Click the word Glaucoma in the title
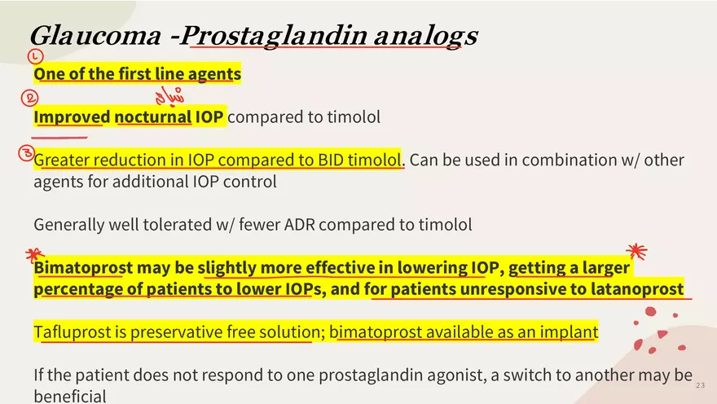click(95, 35)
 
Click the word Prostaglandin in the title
click(275, 36)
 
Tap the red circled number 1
click(35, 56)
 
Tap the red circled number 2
click(29, 98)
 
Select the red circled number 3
click(27, 153)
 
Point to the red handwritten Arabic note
click(169, 96)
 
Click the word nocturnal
click(152, 117)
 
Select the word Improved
click(72, 118)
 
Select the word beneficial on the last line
click(70, 396)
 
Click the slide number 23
click(701, 385)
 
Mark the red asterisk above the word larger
click(637, 251)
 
